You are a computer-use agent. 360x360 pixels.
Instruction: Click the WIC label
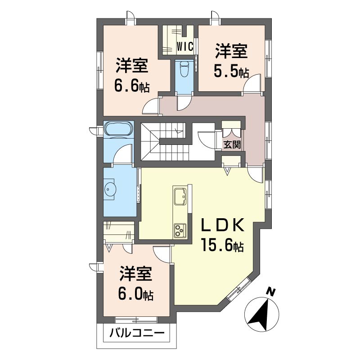coord(185,47)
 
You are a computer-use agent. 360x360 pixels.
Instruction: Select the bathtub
coord(118,128)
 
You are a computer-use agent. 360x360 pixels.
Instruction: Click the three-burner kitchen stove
coord(180,230)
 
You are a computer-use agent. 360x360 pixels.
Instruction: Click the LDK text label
coord(222,225)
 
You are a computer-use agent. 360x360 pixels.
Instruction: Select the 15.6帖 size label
coord(222,244)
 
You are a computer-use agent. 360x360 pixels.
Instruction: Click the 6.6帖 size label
coord(132,86)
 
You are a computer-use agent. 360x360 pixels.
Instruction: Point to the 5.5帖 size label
coord(231,71)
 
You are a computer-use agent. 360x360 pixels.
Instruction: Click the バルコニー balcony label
coord(137,332)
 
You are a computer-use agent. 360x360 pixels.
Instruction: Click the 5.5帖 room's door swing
coord(252,84)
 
